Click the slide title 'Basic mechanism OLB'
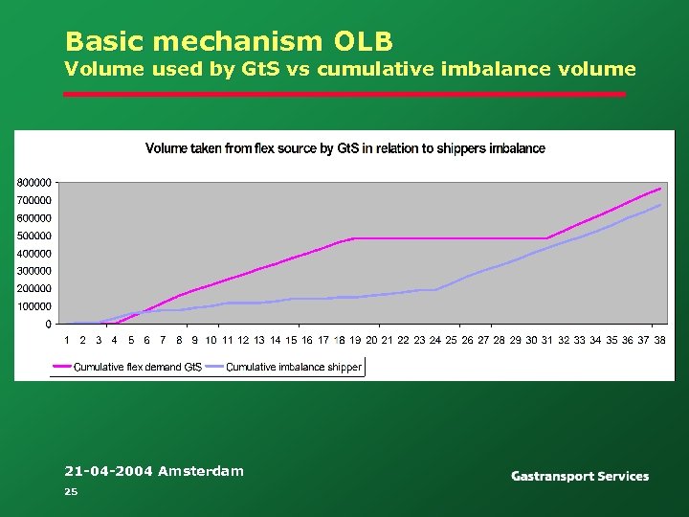pyautogui.click(x=229, y=41)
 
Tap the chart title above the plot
pyautogui.click(x=344, y=148)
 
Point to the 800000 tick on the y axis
pyautogui.click(x=33, y=182)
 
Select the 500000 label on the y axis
pyautogui.click(x=33, y=236)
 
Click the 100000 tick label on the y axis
pyautogui.click(x=33, y=306)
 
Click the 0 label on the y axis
pyautogui.click(x=48, y=325)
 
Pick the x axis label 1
pyautogui.click(x=67, y=340)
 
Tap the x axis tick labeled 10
pyautogui.click(x=211, y=340)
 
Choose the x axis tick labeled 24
pyautogui.click(x=435, y=340)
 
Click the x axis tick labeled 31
pyautogui.click(x=547, y=340)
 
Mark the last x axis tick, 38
pyautogui.click(x=659, y=340)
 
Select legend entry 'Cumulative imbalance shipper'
pyautogui.click(x=293, y=367)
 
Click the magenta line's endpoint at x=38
pyautogui.click(x=659, y=189)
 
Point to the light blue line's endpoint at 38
pyautogui.click(x=659, y=205)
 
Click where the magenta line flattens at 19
pyautogui.click(x=355, y=238)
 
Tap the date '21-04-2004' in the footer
pyautogui.click(x=108, y=470)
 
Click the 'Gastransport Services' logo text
pyautogui.click(x=579, y=476)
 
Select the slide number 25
pyautogui.click(x=70, y=491)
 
